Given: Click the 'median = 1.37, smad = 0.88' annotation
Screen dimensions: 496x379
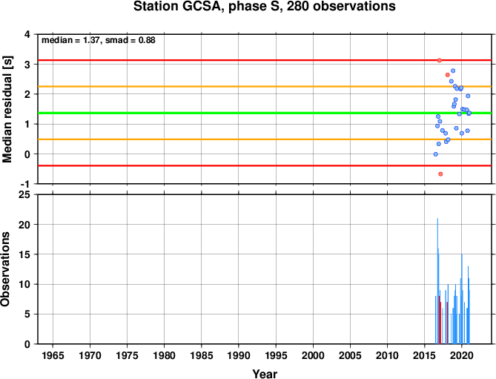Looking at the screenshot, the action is click(x=99, y=40).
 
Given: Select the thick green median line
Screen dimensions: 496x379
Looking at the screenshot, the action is click(x=265, y=113).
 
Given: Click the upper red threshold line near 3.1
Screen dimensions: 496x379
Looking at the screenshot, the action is click(x=265, y=60).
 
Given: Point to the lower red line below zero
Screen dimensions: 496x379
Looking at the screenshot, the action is click(x=265, y=165).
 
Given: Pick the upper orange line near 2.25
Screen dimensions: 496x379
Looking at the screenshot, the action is click(x=265, y=86).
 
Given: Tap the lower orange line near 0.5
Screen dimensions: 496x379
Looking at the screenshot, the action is click(x=265, y=139).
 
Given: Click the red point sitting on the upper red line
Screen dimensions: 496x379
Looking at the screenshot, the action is click(x=440, y=60).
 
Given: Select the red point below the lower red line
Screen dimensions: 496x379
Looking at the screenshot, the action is click(x=440, y=174).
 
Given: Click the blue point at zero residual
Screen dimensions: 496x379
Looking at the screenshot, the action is click(x=436, y=154).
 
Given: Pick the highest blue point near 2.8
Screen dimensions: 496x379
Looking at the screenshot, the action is click(x=453, y=70).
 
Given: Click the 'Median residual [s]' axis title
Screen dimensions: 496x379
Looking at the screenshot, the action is click(x=7, y=109).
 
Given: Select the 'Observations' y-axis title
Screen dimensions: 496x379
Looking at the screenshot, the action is click(x=5, y=269).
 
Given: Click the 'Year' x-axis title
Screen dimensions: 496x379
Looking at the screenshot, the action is click(x=265, y=374).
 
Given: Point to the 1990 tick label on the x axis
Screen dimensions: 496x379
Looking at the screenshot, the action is click(x=239, y=355).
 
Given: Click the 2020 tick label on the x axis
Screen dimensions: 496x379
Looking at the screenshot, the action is click(x=462, y=355).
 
